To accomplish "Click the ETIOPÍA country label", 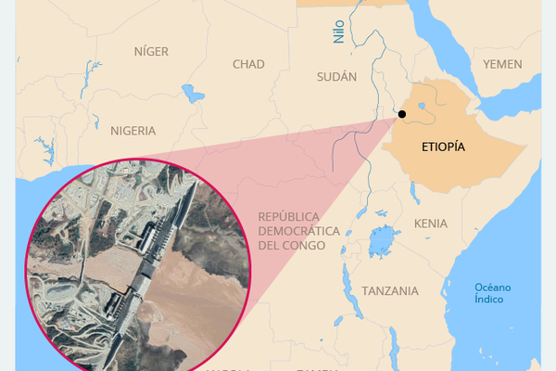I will (442, 147).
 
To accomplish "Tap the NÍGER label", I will (152, 51).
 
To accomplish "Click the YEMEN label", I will (502, 64).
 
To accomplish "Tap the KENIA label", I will (431, 224).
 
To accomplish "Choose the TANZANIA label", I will (390, 291).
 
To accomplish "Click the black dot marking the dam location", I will (402, 114).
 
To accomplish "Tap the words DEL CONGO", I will (292, 246).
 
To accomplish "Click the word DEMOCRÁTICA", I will (294, 231).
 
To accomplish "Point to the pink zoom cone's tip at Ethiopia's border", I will (398, 116).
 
